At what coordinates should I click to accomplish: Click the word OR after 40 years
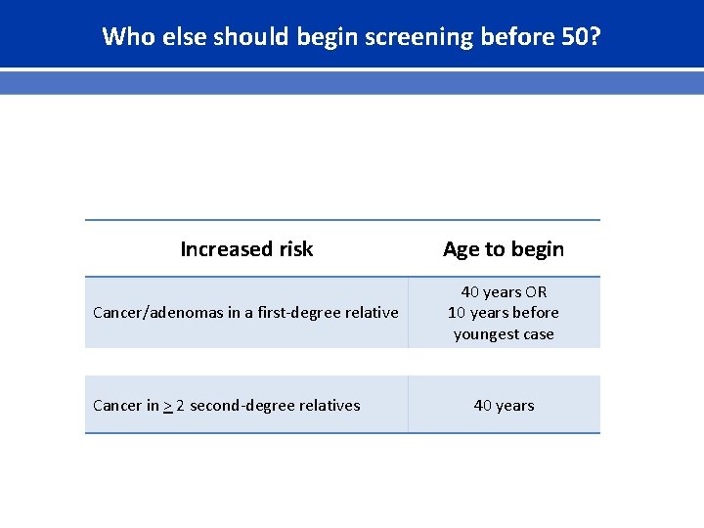(536, 292)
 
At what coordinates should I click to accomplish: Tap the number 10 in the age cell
(457, 313)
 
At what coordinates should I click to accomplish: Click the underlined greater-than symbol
(168, 406)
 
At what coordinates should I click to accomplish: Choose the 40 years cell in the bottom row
(504, 406)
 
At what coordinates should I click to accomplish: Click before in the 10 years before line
(536, 313)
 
